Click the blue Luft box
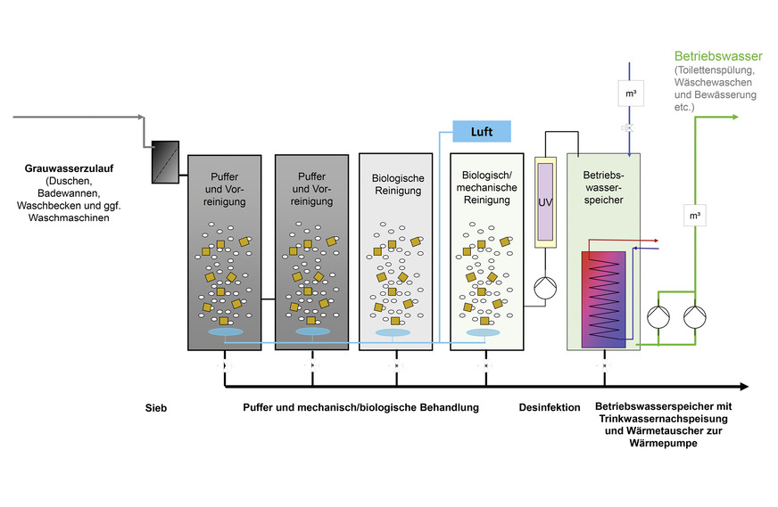coord(482,132)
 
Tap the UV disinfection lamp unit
coord(545,202)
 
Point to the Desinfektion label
coord(550,407)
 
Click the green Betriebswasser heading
coord(718,56)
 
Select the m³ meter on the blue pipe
coord(630,94)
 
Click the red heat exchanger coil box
coord(607,298)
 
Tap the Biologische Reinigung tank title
coord(398,184)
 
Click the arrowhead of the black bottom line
coord(742,387)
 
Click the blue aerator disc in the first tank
coord(223,331)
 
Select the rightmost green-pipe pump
coord(693,316)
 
